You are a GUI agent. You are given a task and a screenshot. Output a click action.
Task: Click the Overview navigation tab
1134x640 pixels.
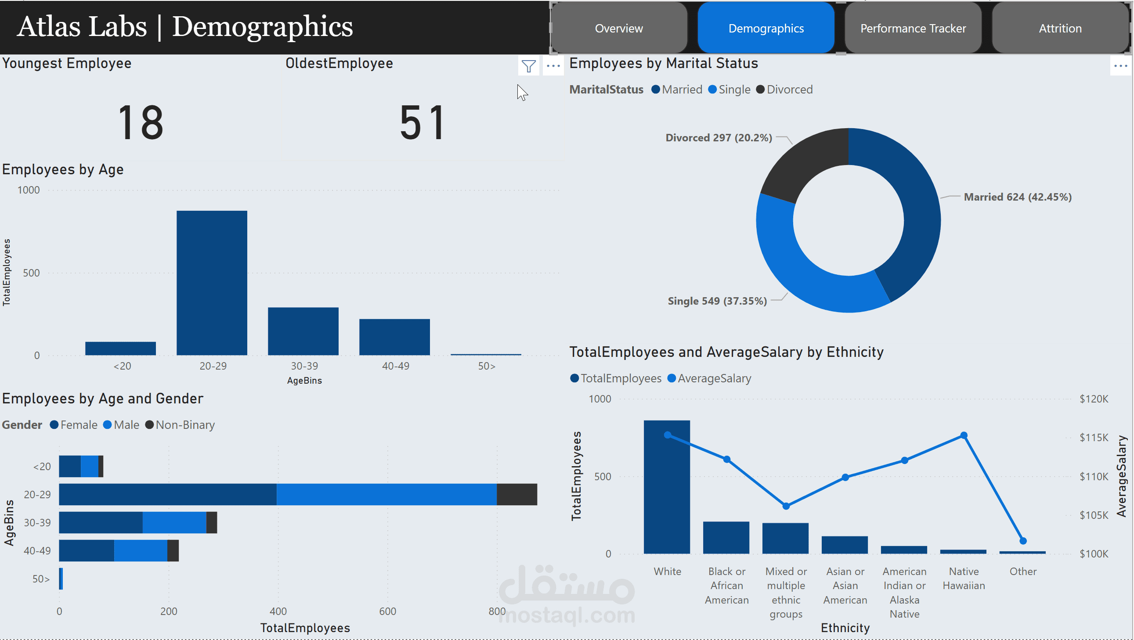[618, 28]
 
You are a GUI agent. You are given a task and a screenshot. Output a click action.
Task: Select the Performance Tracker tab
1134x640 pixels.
[913, 28]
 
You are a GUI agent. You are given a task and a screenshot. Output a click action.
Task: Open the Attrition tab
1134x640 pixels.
[1060, 28]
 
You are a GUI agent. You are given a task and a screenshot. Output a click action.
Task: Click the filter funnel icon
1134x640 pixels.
[528, 66]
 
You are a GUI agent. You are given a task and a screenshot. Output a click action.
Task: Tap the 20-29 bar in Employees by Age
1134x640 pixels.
[212, 282]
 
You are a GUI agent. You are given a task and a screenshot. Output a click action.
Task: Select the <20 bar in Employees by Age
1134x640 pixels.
[120, 348]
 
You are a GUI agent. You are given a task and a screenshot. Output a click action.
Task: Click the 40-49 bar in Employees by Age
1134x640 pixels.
[394, 337]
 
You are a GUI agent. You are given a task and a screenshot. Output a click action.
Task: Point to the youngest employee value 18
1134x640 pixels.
[141, 123]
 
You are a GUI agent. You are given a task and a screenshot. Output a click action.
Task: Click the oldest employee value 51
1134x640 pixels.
[422, 123]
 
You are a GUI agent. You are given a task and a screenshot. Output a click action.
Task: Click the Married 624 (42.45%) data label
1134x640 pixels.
[1017, 197]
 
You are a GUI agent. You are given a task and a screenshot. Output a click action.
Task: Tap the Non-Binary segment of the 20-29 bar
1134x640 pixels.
[516, 494]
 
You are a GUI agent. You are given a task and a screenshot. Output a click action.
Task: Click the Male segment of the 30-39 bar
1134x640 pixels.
[174, 522]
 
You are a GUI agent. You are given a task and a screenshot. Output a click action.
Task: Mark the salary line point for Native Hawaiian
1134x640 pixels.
[964, 435]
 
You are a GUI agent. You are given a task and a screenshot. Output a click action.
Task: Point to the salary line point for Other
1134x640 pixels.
[1023, 541]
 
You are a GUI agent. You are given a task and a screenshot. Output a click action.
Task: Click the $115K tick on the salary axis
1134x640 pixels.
[1094, 437]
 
